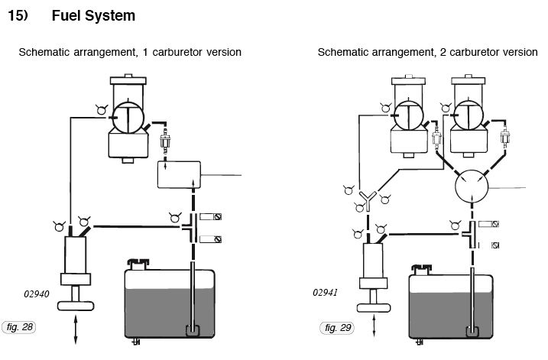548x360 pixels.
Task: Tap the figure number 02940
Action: pyautogui.click(x=37, y=292)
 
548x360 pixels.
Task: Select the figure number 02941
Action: pyautogui.click(x=326, y=292)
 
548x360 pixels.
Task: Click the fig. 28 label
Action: pyautogui.click(x=18, y=328)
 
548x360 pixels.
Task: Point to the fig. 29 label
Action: pyautogui.click(x=337, y=328)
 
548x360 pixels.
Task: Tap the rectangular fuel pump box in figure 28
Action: pyautogui.click(x=179, y=175)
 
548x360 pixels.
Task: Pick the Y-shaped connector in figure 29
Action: pyautogui.click(x=367, y=201)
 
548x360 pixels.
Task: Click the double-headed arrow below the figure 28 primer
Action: pyautogui.click(x=74, y=332)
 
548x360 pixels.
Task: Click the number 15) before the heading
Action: pyautogui.click(x=18, y=15)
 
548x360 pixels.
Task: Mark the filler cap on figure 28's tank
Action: pyautogui.click(x=138, y=265)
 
